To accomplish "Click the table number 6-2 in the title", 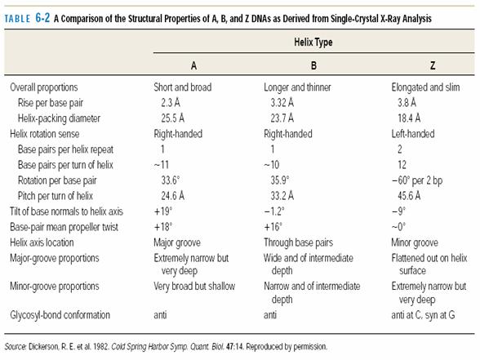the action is click(42, 18).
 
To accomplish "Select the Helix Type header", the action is click(313, 42).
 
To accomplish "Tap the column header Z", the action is click(433, 65).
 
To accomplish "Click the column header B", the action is click(313, 65).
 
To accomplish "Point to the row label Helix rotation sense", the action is click(45, 134).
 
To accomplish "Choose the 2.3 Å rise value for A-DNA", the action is click(171, 103).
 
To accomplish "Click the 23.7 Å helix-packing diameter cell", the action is click(282, 118).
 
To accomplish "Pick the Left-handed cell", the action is click(413, 134).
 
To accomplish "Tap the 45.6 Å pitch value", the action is click(409, 196).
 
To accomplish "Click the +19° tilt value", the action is click(163, 211).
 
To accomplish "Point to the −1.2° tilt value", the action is click(274, 211).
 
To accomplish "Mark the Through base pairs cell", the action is click(298, 242).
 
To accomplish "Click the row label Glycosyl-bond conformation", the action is click(60, 315).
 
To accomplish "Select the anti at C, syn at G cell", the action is click(423, 315).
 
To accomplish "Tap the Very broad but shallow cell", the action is click(194, 287).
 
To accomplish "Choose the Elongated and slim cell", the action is click(425, 87).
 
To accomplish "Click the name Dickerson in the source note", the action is click(43, 347).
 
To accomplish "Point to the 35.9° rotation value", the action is click(280, 180).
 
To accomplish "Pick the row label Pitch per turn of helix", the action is click(56, 196).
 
